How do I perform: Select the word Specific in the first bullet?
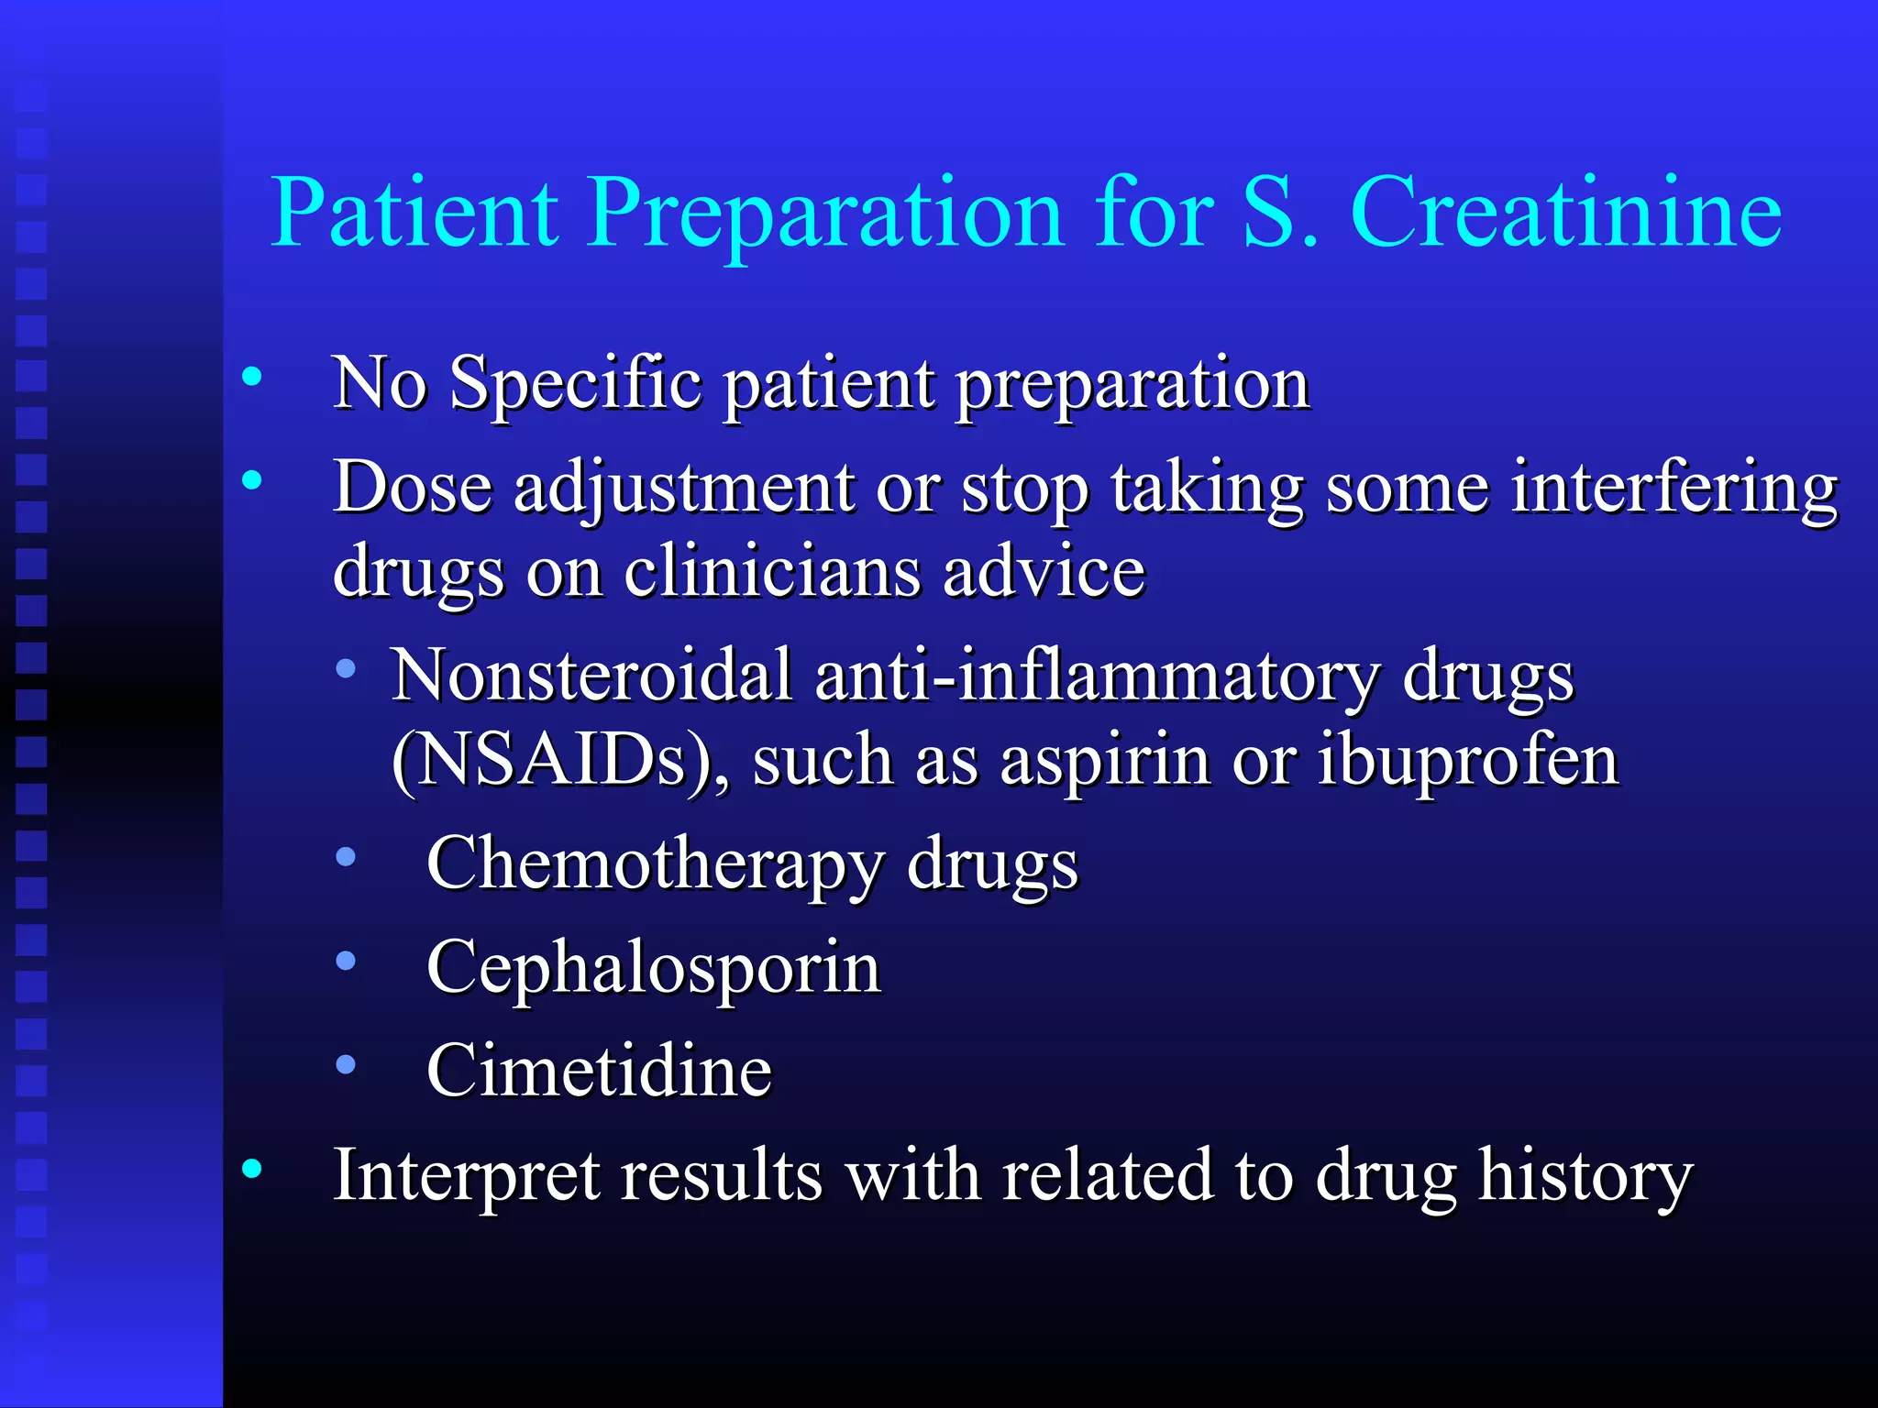(x=576, y=383)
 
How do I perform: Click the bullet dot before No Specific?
(x=252, y=376)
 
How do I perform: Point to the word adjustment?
(x=683, y=489)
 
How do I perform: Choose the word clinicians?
(x=772, y=572)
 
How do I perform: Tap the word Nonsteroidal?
(x=592, y=676)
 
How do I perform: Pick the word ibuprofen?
(x=1467, y=761)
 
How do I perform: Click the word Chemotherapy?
(x=655, y=864)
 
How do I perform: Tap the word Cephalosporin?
(x=654, y=968)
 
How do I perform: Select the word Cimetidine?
(x=599, y=1071)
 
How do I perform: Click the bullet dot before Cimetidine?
(x=346, y=1064)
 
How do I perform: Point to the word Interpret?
(x=465, y=1176)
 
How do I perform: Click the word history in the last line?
(x=1585, y=1176)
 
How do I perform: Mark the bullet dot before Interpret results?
(x=252, y=1169)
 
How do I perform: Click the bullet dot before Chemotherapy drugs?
(x=346, y=857)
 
